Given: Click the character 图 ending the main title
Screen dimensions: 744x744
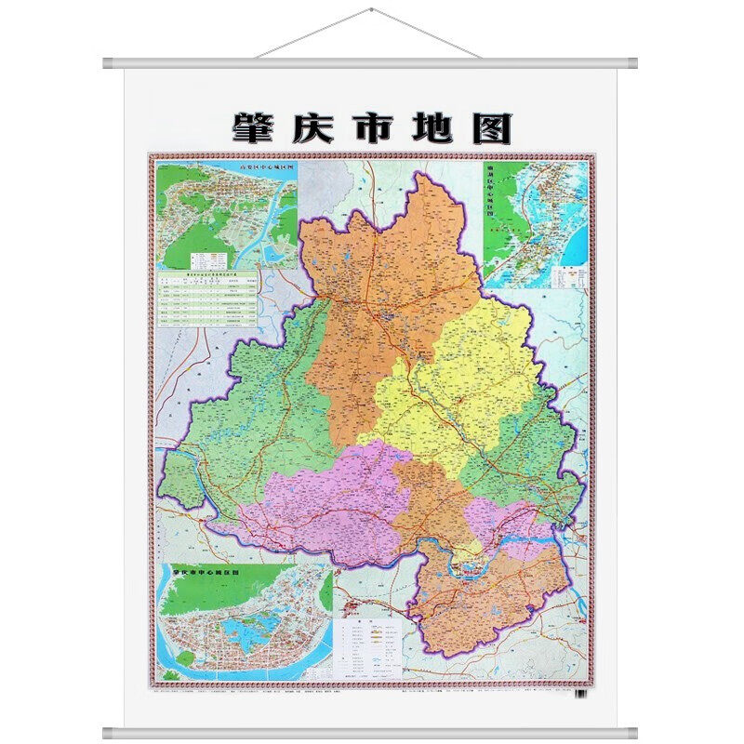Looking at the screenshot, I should [491, 127].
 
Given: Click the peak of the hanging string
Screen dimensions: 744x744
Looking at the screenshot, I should [371, 10].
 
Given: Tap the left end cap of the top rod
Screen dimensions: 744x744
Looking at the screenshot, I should [109, 64].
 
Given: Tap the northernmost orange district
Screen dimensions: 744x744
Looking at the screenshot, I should [391, 279].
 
